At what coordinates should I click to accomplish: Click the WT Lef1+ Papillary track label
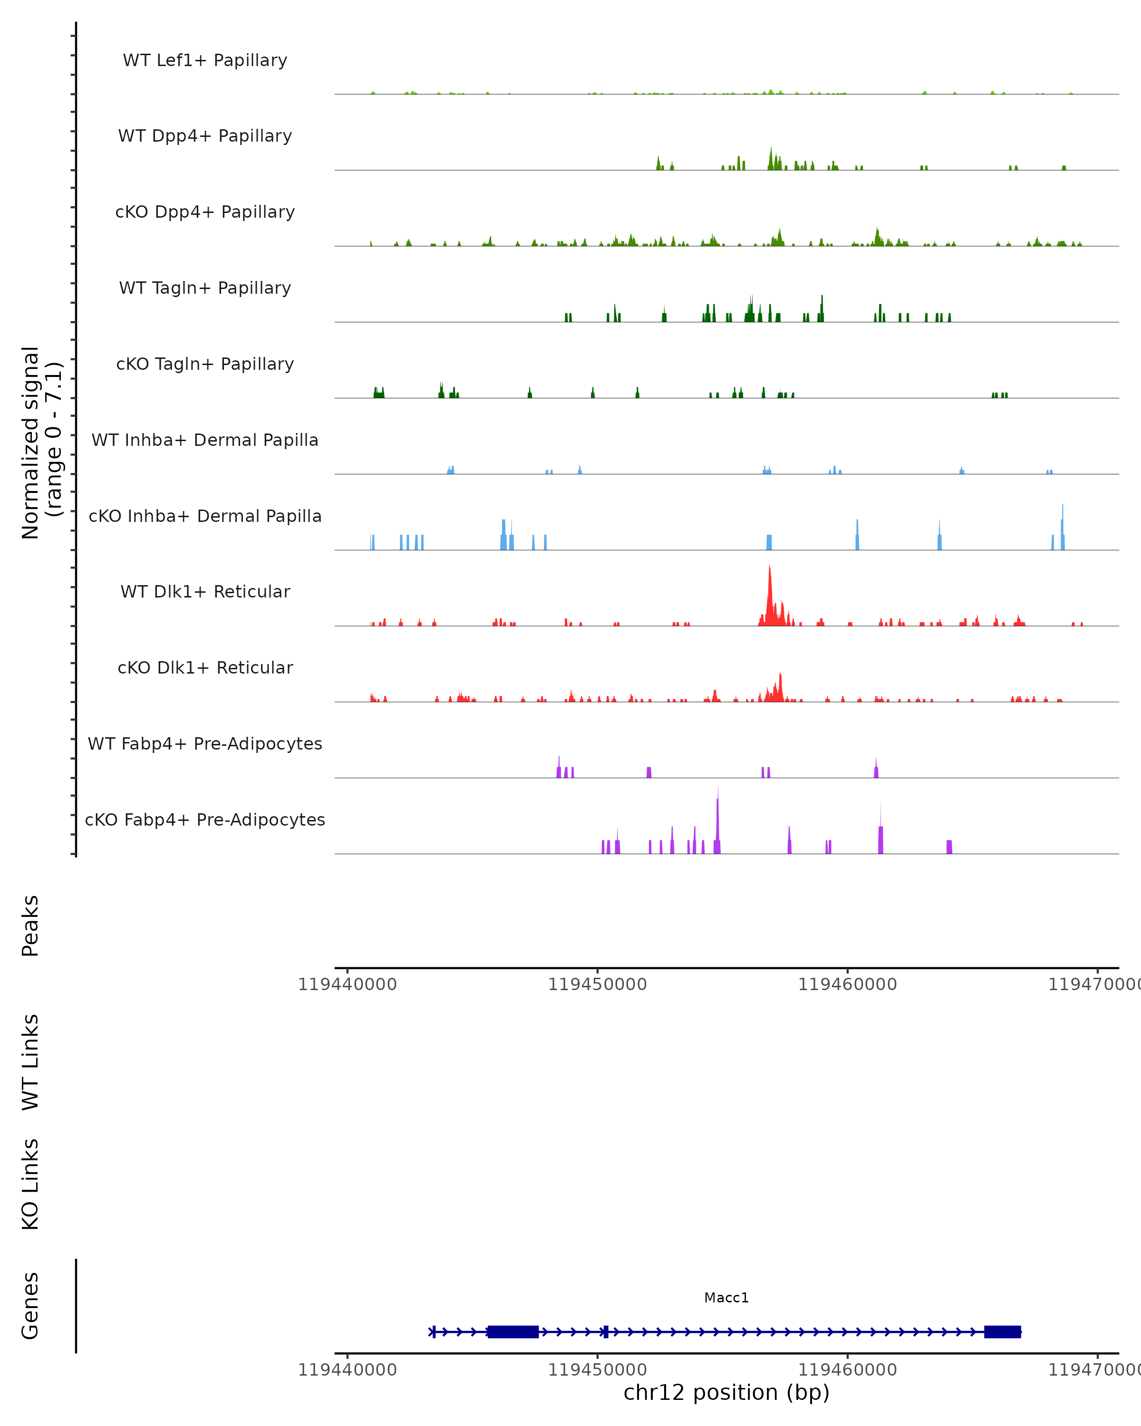click(x=205, y=60)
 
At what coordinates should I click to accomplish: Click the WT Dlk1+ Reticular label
click(x=205, y=591)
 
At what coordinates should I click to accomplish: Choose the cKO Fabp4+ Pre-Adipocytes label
click(x=205, y=819)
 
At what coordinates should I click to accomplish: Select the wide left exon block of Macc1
click(x=513, y=1331)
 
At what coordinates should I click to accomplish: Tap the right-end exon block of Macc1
click(x=1002, y=1331)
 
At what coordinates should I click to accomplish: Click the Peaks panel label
click(x=30, y=925)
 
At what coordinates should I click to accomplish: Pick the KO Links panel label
click(x=30, y=1185)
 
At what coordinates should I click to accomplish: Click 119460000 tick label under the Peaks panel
click(x=847, y=984)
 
